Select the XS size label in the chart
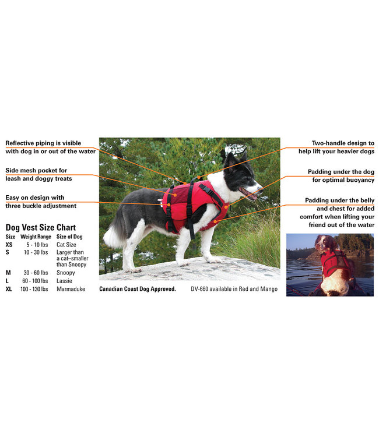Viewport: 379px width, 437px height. [x=9, y=245]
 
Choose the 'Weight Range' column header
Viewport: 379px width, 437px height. [x=36, y=237]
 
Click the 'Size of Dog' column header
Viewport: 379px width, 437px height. [x=69, y=237]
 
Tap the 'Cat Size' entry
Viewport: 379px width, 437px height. [x=66, y=245]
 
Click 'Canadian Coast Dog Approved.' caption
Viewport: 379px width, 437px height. [x=138, y=289]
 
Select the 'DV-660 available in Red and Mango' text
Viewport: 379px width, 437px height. [x=234, y=289]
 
